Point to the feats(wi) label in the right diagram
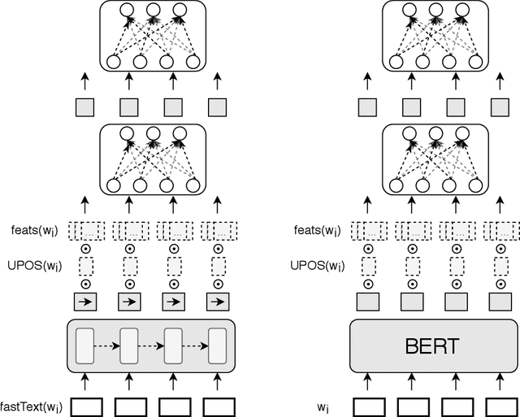[x=314, y=231]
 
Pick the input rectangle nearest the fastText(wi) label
[x=85, y=404]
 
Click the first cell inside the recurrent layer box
[x=85, y=346]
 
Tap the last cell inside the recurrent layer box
[x=217, y=346]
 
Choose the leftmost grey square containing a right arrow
[x=85, y=302]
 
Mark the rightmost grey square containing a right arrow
[x=217, y=302]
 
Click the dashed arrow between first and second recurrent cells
[x=107, y=346]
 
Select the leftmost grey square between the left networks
[x=85, y=106]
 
